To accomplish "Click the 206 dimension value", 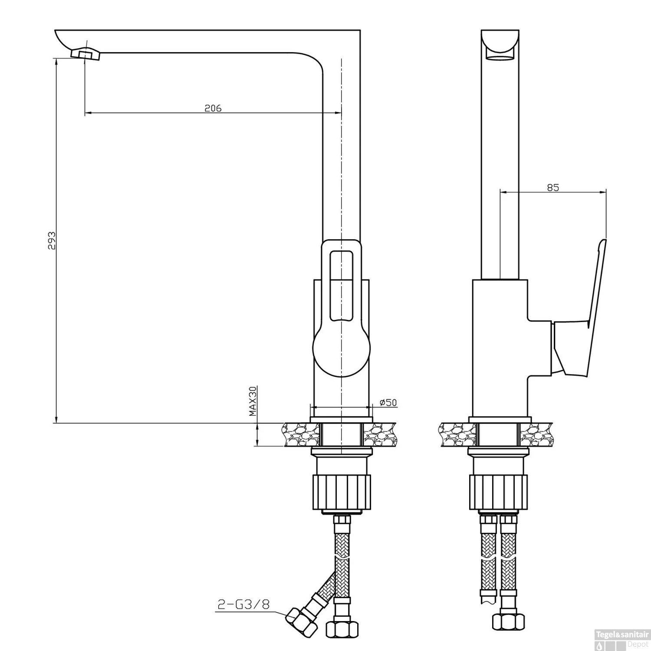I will pyautogui.click(x=213, y=108).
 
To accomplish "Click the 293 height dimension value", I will pyautogui.click(x=52, y=240).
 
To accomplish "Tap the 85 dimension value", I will pyautogui.click(x=553, y=187).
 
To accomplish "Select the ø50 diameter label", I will pyautogui.click(x=388, y=402).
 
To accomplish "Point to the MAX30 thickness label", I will pyautogui.click(x=253, y=401).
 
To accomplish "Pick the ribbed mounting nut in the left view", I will pyautogui.click(x=342, y=492).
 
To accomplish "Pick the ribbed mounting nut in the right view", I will pyautogui.click(x=498, y=492).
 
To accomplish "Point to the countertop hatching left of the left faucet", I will pyautogui.click(x=299, y=434).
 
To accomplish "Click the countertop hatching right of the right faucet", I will pyautogui.click(x=536, y=434).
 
